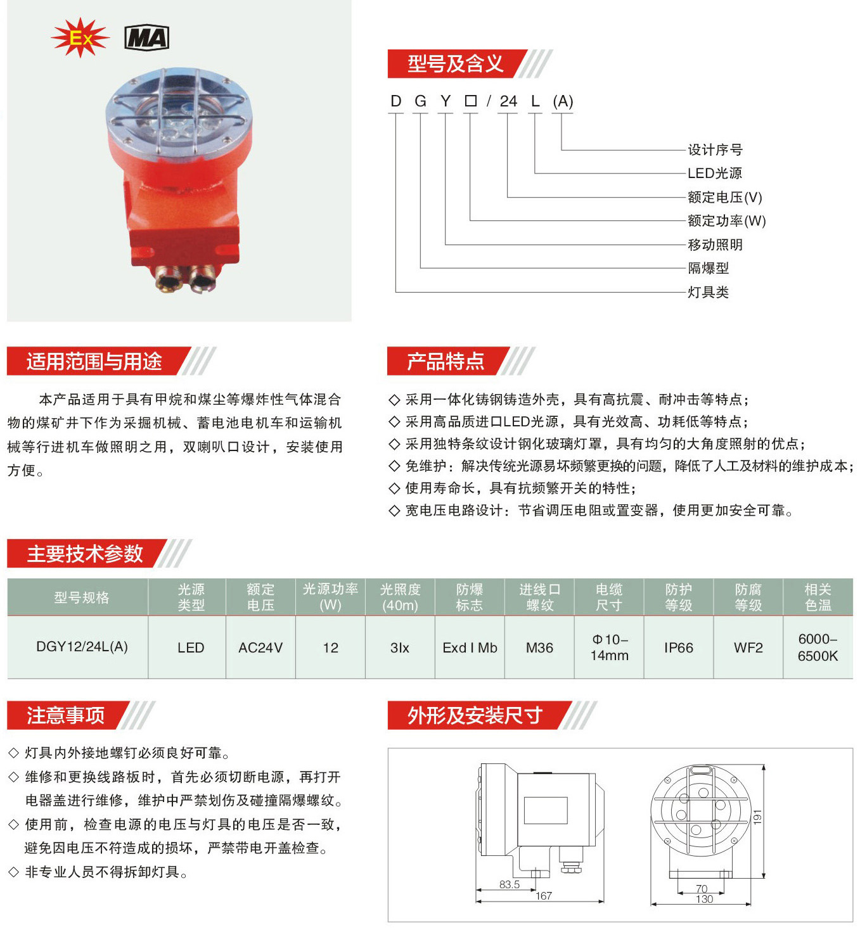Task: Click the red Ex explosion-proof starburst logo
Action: (80, 37)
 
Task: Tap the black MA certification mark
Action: (146, 38)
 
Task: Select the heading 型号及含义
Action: (455, 64)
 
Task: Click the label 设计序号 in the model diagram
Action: (715, 150)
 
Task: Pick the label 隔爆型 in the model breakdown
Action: (708, 269)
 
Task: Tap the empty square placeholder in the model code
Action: (470, 101)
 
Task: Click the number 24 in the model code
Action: (508, 101)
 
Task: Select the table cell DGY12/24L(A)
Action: (82, 647)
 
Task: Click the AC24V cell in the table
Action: (260, 647)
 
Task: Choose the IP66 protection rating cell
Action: (679, 647)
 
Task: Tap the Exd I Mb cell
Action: (470, 647)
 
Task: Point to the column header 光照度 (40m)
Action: (400, 597)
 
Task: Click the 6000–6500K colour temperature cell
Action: (818, 647)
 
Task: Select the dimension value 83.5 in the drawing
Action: (510, 884)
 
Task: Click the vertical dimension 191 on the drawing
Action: (758, 817)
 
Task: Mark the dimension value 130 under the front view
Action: (704, 898)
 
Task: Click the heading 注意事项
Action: (66, 715)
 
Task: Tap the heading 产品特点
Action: (446, 362)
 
